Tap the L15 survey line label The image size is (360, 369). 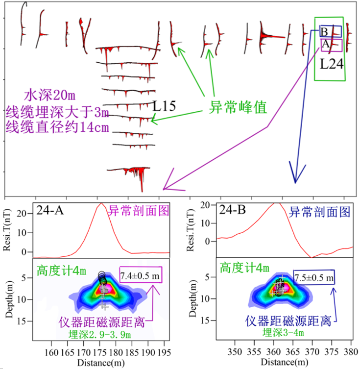164,105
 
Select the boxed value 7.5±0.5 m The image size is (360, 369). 314,277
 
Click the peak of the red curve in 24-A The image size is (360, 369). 101,203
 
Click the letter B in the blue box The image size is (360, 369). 324,32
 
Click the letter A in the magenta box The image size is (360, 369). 324,44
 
